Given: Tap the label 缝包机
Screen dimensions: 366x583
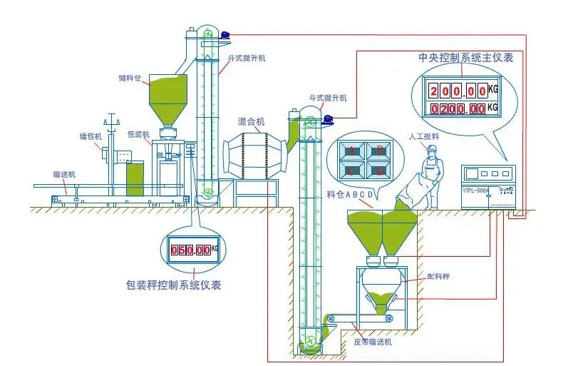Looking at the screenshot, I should coord(91,135).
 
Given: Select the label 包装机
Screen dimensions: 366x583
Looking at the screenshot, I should coord(138,134).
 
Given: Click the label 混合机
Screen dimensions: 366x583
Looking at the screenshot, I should coord(251,121).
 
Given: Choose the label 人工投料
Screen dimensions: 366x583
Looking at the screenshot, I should coord(423,136).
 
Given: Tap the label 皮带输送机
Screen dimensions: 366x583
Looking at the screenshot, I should coord(373,342).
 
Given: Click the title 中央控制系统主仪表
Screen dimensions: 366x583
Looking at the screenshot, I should coord(466,58).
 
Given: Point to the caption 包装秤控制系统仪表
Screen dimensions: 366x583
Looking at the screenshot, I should coord(172,285).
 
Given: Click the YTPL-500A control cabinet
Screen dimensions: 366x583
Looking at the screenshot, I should coord(488,184).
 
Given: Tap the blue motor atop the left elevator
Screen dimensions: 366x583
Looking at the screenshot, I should coord(225,34).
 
